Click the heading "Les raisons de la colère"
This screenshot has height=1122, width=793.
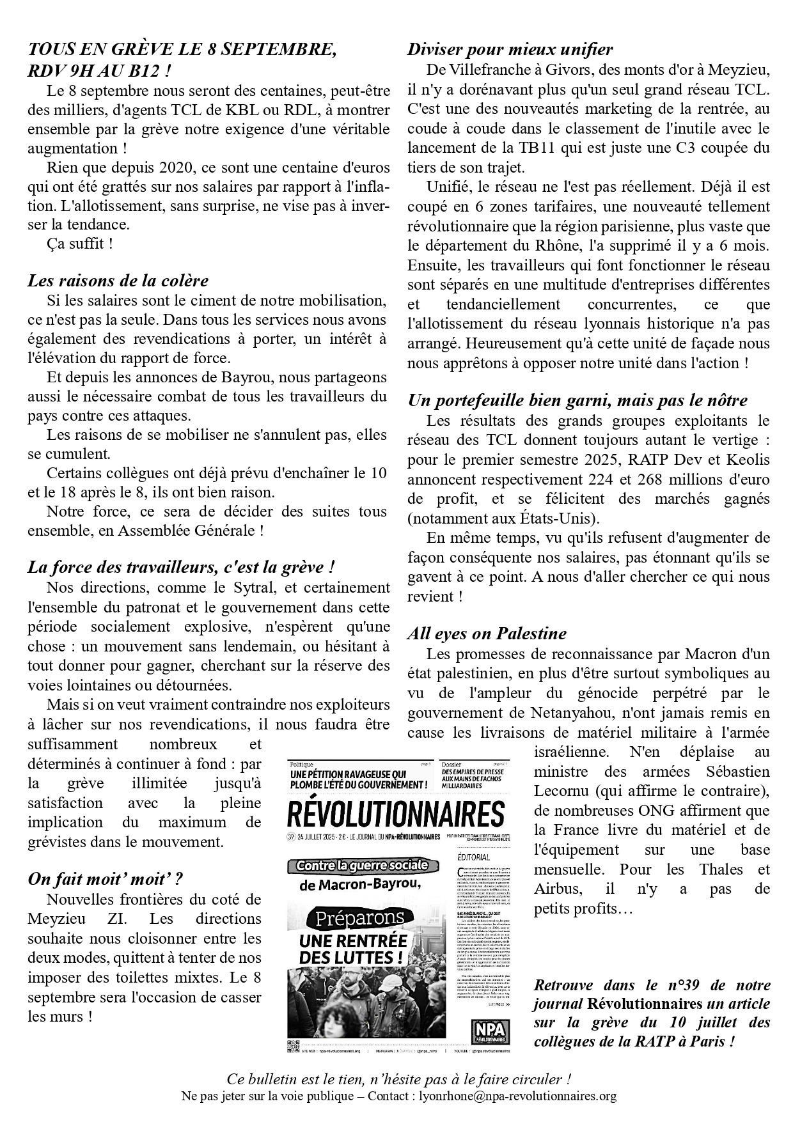pos(118,281)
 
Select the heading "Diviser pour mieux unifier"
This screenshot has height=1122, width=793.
pos(510,49)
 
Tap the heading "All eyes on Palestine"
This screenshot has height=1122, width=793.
pos(487,634)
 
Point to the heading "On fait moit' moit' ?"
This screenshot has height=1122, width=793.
pos(105,878)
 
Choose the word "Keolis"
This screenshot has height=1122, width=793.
pos(748,460)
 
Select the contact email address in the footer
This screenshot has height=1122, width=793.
pos(517,1096)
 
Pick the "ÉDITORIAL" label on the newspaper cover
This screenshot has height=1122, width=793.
pos(474,857)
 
